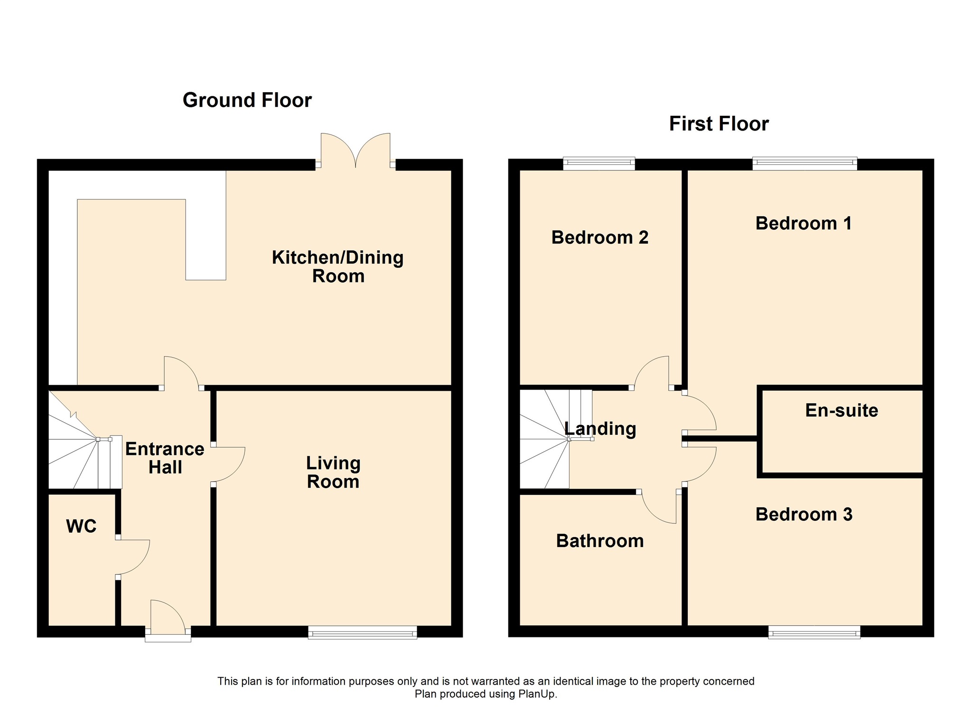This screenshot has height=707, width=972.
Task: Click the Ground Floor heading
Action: (x=247, y=100)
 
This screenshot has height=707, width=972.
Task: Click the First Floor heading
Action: (x=719, y=124)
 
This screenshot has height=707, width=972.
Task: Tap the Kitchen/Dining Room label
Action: (x=337, y=266)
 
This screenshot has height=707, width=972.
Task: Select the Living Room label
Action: (x=333, y=472)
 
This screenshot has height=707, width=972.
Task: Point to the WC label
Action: (x=81, y=526)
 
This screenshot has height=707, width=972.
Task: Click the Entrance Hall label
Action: (x=165, y=458)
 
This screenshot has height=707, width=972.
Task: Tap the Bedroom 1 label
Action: (x=804, y=223)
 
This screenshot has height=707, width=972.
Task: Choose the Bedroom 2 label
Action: (x=599, y=237)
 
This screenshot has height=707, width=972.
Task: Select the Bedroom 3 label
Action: (x=804, y=514)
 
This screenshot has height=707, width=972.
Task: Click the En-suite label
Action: (x=841, y=410)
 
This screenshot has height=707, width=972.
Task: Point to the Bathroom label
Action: (x=599, y=541)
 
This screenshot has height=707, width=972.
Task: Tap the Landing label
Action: (x=600, y=428)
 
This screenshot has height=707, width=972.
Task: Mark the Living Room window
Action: (x=362, y=632)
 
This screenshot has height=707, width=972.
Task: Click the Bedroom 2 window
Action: (x=599, y=163)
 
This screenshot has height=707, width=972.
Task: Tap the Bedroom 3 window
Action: (x=814, y=632)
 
